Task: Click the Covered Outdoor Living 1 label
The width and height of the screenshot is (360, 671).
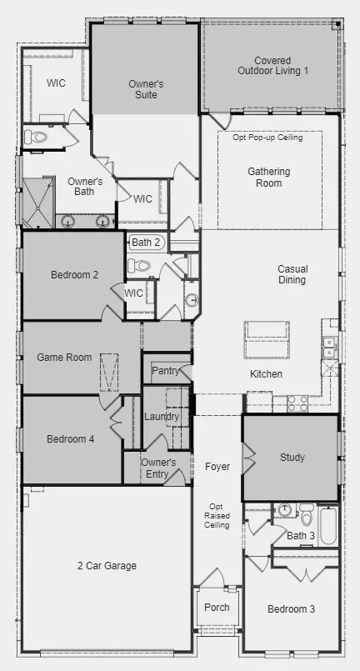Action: coord(272,66)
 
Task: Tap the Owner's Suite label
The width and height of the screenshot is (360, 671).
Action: coord(146,89)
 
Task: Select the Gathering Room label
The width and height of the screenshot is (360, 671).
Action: coord(269,178)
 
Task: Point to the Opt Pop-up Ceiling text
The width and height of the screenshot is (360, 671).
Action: coord(267,138)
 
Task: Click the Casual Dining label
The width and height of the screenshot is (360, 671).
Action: coord(292,274)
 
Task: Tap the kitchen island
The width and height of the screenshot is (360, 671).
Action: coord(267,340)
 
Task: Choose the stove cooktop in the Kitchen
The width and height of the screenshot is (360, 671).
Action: coord(297,403)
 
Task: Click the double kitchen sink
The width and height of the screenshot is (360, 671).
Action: coord(329,347)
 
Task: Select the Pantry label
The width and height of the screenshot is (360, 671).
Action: coord(165,371)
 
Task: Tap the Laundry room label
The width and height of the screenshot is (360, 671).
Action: coord(162,417)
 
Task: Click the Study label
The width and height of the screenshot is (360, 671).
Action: coord(292,457)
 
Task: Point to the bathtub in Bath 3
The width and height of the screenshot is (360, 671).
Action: coord(329,526)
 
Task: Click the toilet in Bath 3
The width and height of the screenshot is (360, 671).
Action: coord(307,514)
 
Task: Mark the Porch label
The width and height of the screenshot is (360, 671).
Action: coord(217,608)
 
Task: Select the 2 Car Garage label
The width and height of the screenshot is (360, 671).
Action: coord(107,566)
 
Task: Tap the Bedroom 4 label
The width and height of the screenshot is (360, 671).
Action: coord(71,439)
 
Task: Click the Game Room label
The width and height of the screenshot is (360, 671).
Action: coord(64,357)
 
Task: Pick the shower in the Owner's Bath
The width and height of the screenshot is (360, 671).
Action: coord(38,202)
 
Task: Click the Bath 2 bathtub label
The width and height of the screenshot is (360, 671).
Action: coord(146,243)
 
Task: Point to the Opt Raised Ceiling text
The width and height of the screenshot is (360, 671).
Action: coord(217,516)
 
